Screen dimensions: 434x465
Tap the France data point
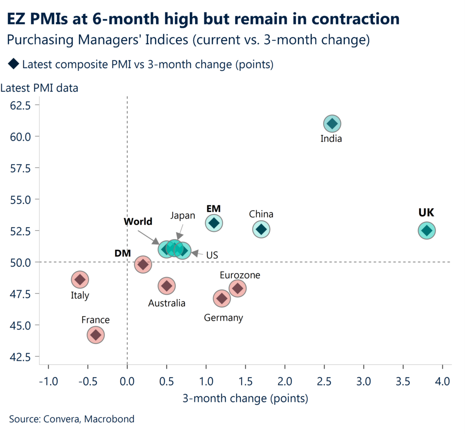point(95,335)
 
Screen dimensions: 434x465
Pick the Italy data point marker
point(80,279)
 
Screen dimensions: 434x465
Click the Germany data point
point(222,298)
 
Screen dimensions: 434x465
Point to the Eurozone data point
point(237,288)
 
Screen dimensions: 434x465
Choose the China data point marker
point(261,229)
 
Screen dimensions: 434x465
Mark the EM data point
point(214,223)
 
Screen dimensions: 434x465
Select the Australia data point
point(167,286)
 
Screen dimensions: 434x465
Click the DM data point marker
point(143,264)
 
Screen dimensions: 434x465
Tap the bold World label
point(138,222)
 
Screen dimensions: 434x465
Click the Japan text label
point(183,216)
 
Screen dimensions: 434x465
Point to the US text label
point(212,255)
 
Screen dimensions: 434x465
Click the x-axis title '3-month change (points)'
point(245,399)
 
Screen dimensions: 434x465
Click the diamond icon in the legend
point(13,65)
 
